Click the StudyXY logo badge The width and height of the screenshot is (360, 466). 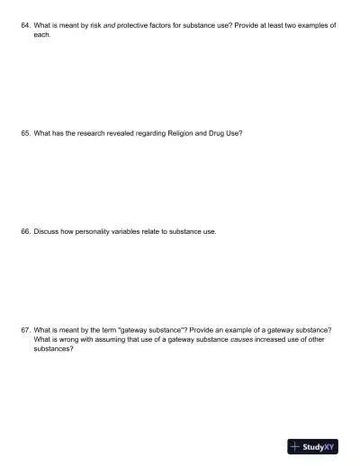tap(312, 445)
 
